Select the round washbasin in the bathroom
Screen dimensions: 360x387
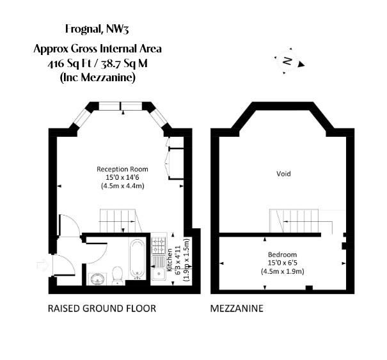tap(98, 278)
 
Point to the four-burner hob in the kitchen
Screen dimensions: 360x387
tap(158, 245)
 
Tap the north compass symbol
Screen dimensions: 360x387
tap(290, 61)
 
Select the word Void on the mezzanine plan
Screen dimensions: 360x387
tap(283, 173)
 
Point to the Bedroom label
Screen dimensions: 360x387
tap(282, 254)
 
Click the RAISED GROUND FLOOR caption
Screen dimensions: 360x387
tap(102, 308)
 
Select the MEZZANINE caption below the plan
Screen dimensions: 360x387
tap(237, 308)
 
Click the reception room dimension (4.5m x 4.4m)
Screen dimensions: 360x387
tap(121, 186)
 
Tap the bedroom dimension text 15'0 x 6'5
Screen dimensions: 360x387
tap(282, 262)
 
